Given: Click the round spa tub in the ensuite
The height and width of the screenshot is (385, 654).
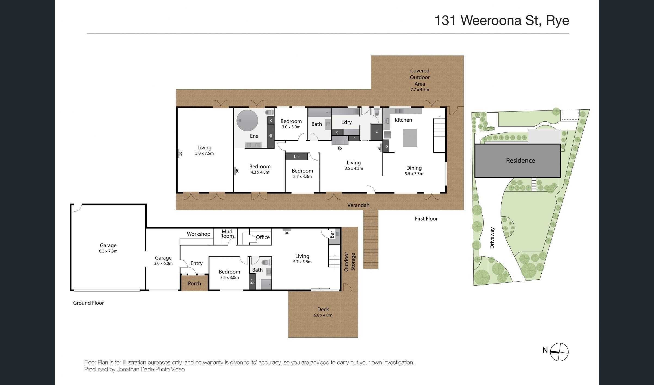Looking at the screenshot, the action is click(247, 121).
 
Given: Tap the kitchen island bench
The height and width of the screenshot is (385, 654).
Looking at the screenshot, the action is click(410, 138).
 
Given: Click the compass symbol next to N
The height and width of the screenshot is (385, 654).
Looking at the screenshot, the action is click(559, 352).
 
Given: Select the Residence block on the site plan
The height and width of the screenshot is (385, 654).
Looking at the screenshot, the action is click(518, 161).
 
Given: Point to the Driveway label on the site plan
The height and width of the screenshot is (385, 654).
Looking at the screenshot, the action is click(492, 238).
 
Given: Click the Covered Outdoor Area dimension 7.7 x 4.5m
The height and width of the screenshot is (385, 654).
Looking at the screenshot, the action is click(419, 90).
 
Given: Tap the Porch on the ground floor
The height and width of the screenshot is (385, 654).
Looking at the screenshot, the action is click(195, 283).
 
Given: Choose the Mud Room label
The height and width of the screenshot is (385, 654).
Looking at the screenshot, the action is click(227, 234).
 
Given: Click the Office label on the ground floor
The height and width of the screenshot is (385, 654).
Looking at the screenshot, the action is click(263, 237).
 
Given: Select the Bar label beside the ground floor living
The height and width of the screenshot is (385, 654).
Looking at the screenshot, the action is click(332, 235).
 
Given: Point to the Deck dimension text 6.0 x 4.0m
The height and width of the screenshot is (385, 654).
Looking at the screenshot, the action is click(323, 315).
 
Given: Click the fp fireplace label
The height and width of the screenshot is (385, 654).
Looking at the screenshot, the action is click(340, 148).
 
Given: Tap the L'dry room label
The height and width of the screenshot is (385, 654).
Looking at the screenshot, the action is click(346, 122).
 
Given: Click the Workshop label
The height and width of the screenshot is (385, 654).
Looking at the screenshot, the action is click(198, 234).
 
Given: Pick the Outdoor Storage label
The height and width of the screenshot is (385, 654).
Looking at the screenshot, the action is click(350, 262).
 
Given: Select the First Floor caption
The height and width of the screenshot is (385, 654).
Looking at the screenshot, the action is click(426, 218).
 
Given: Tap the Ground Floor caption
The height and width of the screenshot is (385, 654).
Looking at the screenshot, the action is click(88, 303).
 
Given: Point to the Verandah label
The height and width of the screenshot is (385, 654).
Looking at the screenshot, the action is click(358, 205).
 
